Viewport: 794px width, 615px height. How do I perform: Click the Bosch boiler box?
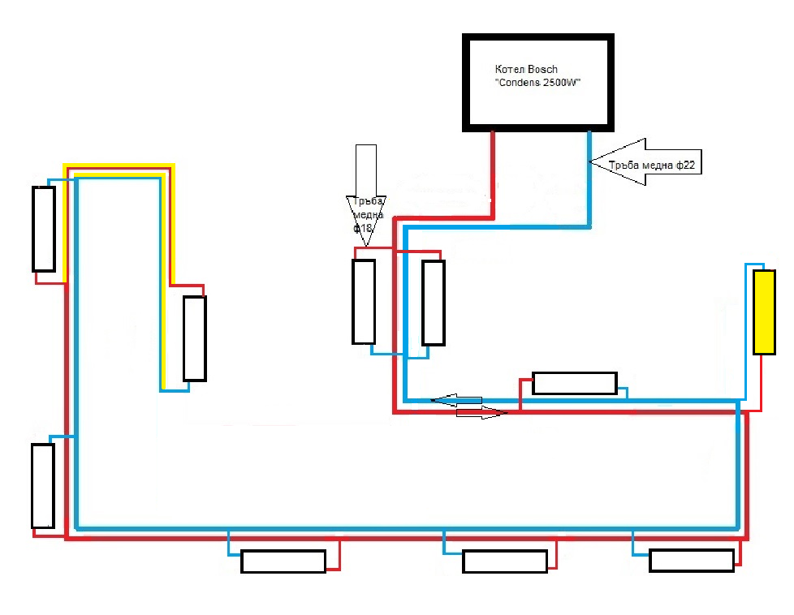pyautogui.click(x=537, y=37)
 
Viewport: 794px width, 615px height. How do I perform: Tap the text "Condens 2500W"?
pyautogui.click(x=537, y=83)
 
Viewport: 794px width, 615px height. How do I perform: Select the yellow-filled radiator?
pyautogui.click(x=764, y=312)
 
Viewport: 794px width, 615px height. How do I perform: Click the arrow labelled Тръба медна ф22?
pyautogui.click(x=645, y=162)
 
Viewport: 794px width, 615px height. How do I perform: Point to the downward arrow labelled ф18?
pyautogui.click(x=365, y=196)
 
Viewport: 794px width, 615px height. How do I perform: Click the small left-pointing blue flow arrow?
pyautogui.click(x=456, y=401)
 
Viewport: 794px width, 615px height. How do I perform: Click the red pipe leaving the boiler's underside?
pyautogui.click(x=492, y=174)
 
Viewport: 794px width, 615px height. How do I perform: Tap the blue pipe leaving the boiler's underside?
pyautogui.click(x=589, y=178)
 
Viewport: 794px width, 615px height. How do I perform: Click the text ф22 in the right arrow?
pyautogui.click(x=685, y=165)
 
